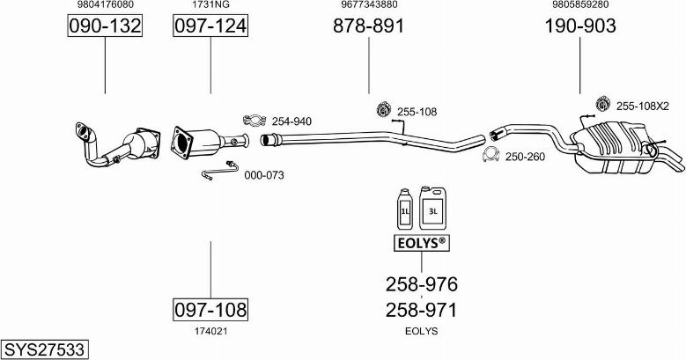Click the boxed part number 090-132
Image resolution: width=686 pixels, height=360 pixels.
click(105, 27)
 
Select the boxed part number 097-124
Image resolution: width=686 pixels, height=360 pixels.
click(210, 27)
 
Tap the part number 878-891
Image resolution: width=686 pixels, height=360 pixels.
click(368, 27)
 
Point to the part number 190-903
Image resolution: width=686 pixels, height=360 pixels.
click(579, 27)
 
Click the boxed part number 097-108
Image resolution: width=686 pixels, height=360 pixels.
click(210, 309)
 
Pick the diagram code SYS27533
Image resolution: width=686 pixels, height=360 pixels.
click(44, 349)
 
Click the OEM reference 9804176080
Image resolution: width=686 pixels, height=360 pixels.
click(105, 5)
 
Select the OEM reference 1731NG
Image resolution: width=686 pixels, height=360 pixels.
click(210, 5)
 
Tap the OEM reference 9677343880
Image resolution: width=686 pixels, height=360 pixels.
click(368, 5)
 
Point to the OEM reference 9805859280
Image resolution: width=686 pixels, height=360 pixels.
click(579, 5)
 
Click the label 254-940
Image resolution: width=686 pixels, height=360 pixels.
click(291, 121)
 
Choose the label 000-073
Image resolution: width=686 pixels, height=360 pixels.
click(263, 175)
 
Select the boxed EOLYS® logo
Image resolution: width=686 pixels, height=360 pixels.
click(421, 241)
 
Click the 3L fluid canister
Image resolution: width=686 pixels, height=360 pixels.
click(432, 207)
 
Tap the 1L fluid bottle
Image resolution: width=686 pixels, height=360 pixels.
click(405, 209)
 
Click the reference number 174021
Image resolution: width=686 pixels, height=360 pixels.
click(210, 331)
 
